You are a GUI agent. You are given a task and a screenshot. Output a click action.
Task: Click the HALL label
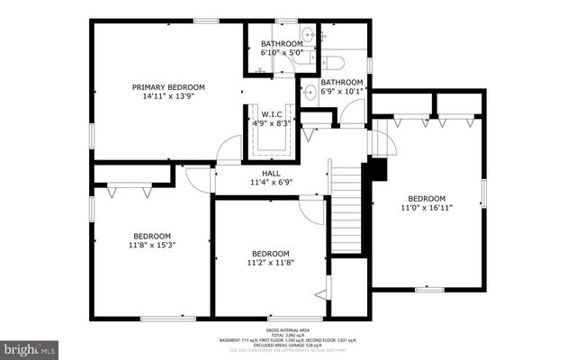pos(271,173)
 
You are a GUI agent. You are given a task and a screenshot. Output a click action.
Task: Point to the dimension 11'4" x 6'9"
pos(271,183)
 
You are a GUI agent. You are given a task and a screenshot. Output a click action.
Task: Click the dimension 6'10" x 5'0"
pos(282,53)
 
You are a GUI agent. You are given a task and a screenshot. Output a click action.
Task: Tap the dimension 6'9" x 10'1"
pos(342,90)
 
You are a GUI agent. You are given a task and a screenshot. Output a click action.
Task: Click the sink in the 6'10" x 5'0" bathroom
pos(309,36)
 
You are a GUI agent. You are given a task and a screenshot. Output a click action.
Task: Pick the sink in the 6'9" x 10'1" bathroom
pos(309,89)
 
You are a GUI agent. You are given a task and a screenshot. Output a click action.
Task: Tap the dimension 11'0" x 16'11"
pos(426,208)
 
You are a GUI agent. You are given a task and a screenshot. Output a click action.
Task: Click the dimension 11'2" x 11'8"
pos(270,263)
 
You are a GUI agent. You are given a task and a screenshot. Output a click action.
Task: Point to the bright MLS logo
pos(30,346)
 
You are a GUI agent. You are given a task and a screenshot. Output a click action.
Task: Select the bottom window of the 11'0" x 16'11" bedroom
pos(429,290)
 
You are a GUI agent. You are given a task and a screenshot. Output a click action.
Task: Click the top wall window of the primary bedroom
pos(206,20)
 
